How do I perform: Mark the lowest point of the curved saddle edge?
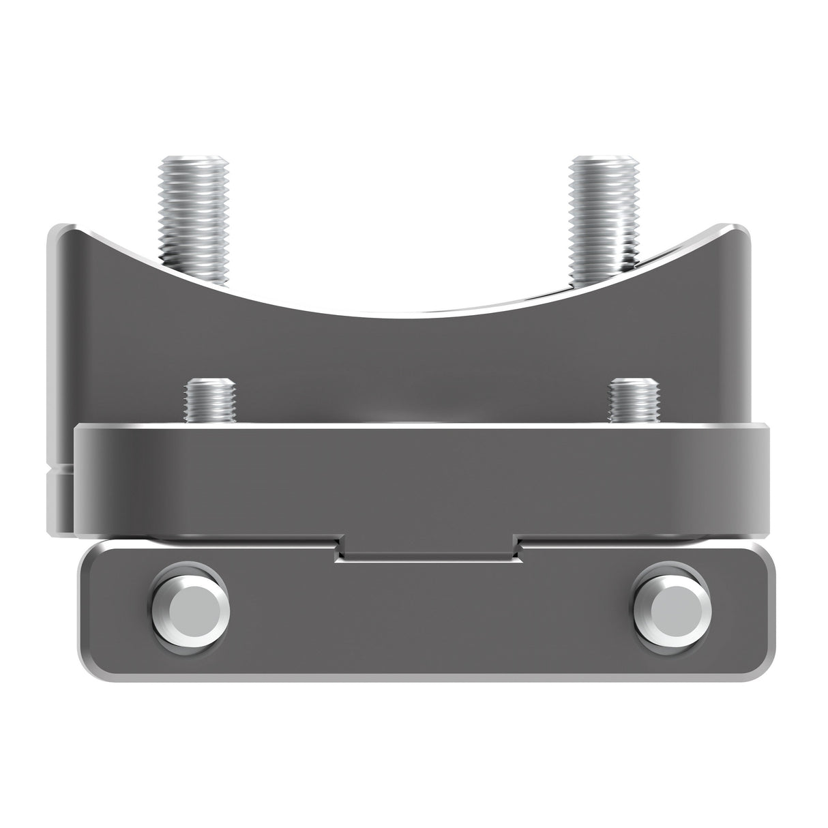(409, 314)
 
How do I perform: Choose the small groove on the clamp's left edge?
(59, 470)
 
